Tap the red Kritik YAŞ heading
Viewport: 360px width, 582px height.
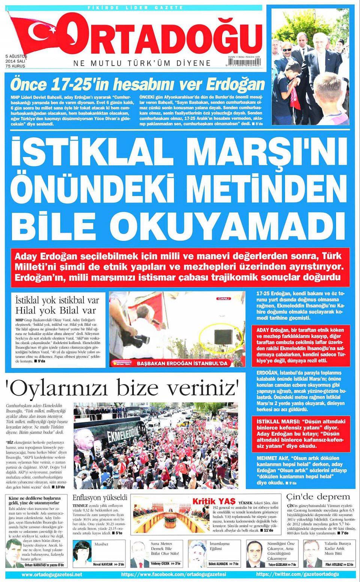point(213,501)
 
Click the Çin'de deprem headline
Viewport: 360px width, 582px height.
point(318,497)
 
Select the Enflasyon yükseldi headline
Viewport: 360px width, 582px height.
point(100,498)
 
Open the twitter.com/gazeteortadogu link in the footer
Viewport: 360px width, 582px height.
point(297,574)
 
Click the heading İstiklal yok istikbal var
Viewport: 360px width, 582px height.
point(57,300)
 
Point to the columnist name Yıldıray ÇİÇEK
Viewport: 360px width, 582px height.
point(160,564)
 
